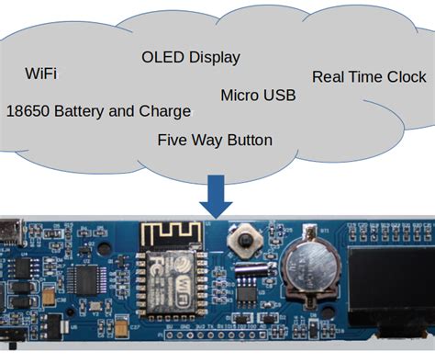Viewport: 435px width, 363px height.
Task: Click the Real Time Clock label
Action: click(369, 77)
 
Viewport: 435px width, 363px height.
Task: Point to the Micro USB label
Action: click(258, 96)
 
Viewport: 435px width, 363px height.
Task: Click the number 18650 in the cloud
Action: click(28, 111)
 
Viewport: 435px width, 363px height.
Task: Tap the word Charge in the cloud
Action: click(166, 111)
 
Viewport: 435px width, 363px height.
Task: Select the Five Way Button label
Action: click(215, 141)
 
